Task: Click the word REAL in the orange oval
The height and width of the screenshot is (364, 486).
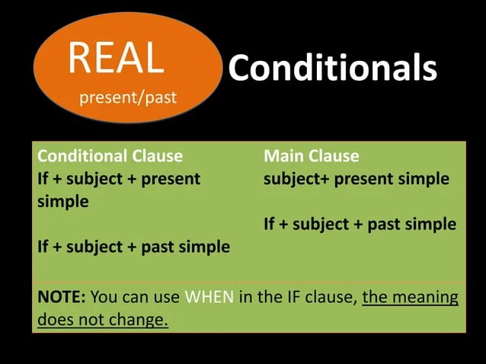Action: click(x=116, y=58)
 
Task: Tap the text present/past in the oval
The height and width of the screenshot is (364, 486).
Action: click(x=128, y=97)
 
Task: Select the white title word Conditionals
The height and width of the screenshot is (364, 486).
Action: click(x=333, y=67)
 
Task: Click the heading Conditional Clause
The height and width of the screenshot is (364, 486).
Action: click(x=110, y=156)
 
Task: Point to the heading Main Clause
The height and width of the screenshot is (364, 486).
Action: click(x=312, y=156)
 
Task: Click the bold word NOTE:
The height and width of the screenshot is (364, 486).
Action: click(x=62, y=296)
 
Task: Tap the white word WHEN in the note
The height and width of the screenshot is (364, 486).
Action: click(x=209, y=296)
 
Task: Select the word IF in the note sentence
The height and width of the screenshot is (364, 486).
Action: click(x=294, y=296)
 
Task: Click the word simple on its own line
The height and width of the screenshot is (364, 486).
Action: click(x=63, y=202)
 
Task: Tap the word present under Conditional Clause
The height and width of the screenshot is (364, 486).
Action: click(x=171, y=180)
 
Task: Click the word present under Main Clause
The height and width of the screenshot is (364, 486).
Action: click(x=363, y=180)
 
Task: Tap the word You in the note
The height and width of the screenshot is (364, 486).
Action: click(x=104, y=296)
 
